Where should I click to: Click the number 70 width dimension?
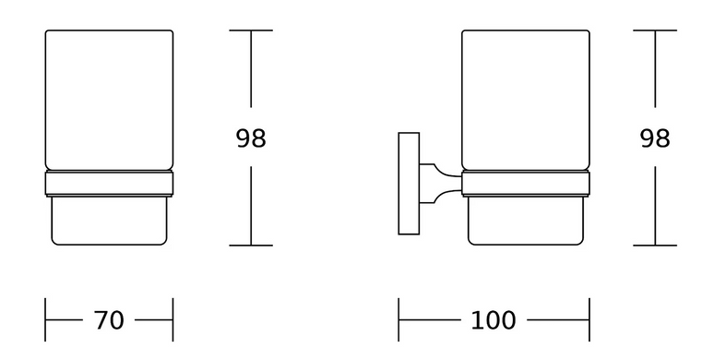click(109, 320)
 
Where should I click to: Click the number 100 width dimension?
click(494, 320)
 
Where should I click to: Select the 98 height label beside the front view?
click(251, 138)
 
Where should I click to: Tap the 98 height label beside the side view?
click(655, 138)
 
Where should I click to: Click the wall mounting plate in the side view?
click(409, 184)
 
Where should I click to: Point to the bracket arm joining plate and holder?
click(440, 184)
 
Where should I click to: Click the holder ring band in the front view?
click(109, 184)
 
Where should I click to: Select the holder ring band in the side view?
click(526, 184)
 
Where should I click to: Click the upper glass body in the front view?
click(109, 101)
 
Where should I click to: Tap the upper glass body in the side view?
click(526, 101)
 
